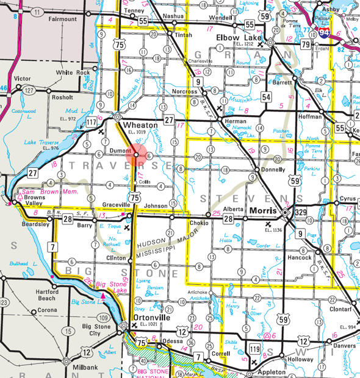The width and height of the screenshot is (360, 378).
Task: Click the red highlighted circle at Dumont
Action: click(135, 154)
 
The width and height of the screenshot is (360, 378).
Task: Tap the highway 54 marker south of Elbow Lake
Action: click(266, 96)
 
